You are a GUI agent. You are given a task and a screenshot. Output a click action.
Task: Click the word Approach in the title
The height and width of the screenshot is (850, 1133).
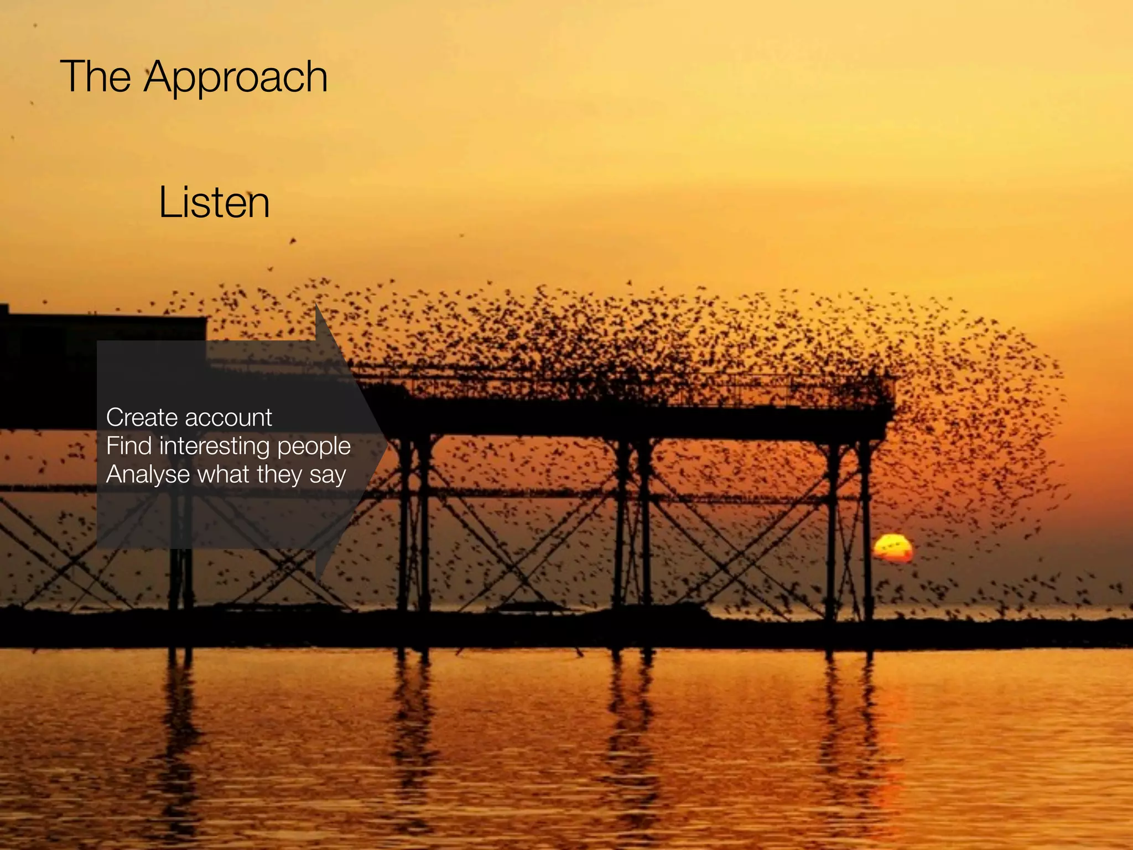pos(236,77)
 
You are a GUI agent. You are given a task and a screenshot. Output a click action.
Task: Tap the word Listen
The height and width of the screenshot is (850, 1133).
pos(214,203)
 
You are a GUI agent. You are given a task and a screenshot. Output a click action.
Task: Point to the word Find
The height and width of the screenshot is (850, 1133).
pos(128,446)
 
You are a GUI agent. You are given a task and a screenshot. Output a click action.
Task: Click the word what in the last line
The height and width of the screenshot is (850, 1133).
pos(224,474)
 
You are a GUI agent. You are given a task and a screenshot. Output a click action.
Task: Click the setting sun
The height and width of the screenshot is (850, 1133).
pos(892,548)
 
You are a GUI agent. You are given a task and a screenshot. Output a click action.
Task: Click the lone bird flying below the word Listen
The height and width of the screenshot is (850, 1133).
pos(293,241)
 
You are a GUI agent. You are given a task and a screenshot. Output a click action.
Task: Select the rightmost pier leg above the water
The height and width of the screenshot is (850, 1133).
pos(866,526)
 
